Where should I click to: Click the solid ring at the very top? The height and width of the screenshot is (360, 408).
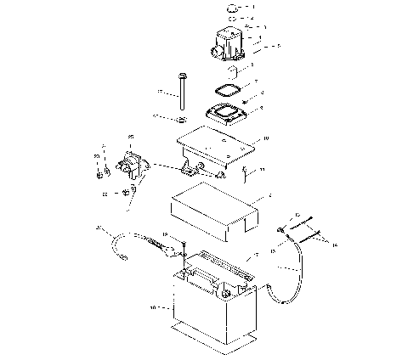click(x=232, y=8)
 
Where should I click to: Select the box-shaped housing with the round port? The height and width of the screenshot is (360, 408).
click(x=229, y=42)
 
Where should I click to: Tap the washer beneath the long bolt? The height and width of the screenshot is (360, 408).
click(x=182, y=116)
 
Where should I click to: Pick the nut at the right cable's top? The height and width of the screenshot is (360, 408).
click(x=280, y=230)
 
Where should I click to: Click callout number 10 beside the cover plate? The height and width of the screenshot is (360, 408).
click(x=266, y=137)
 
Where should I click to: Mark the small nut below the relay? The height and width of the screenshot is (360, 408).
click(x=127, y=194)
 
